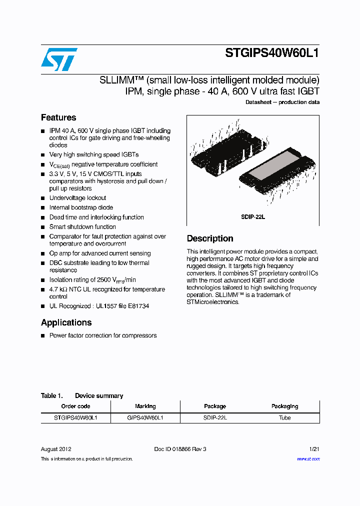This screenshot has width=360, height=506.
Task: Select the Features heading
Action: coord(58,117)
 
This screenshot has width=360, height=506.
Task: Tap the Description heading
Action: coord(210,238)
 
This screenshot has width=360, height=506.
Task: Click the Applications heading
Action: coord(66,322)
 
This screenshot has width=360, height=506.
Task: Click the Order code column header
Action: coord(75,406)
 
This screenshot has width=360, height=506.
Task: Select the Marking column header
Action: coord(145,406)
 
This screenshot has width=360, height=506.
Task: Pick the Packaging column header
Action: coord(284,406)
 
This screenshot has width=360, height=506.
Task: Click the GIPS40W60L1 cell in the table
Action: coord(145,417)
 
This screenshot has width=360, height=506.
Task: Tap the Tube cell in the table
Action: coord(284,417)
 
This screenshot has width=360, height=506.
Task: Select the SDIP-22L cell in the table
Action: coord(215,417)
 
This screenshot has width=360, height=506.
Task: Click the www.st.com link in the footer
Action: coord(308,458)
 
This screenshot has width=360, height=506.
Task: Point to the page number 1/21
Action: coord(314,449)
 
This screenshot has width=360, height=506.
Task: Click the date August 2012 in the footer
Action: coord(56,449)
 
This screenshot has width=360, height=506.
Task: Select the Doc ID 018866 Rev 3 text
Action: coord(180,449)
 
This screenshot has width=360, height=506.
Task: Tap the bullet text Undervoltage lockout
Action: coord(77,198)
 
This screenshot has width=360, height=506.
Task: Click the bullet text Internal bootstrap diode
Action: coord(81,207)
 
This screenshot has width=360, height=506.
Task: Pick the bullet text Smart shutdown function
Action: coord(82,226)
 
